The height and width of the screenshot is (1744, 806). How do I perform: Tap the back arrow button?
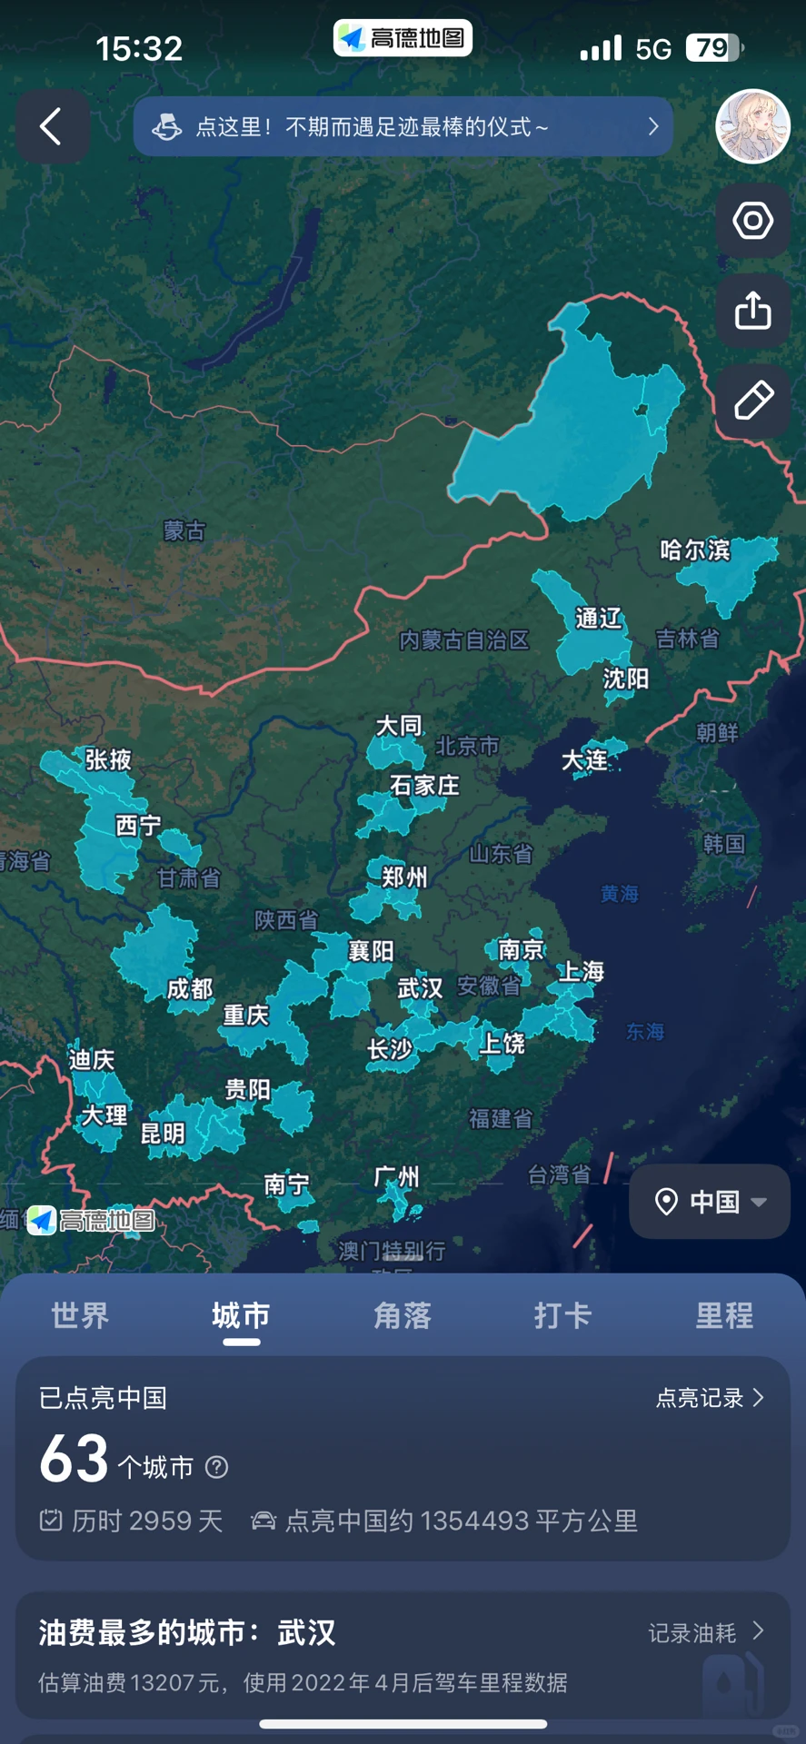[52, 126]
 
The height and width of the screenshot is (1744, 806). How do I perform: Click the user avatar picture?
[752, 126]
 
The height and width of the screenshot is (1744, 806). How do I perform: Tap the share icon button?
[752, 311]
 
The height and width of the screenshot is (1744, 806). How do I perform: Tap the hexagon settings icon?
[752, 221]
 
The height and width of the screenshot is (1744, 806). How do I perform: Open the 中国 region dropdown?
[710, 1202]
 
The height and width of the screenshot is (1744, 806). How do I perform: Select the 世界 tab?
[80, 1315]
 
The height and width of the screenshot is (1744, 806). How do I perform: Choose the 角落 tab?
[402, 1315]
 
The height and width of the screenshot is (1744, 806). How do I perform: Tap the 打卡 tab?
[562, 1315]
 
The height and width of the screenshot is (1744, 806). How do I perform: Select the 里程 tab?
[724, 1315]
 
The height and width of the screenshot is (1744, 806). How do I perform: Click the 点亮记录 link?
[710, 1398]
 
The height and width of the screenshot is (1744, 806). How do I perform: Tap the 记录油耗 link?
[705, 1633]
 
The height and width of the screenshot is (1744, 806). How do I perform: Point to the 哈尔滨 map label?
[695, 550]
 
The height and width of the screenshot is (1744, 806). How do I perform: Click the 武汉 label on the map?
[420, 987]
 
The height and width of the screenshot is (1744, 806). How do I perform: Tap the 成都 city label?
[190, 989]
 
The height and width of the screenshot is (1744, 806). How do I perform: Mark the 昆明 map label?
[163, 1134]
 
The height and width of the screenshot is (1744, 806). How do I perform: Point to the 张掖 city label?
[109, 759]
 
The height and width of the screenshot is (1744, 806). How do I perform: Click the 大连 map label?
[584, 760]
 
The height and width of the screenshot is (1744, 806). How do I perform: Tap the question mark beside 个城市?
[216, 1467]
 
